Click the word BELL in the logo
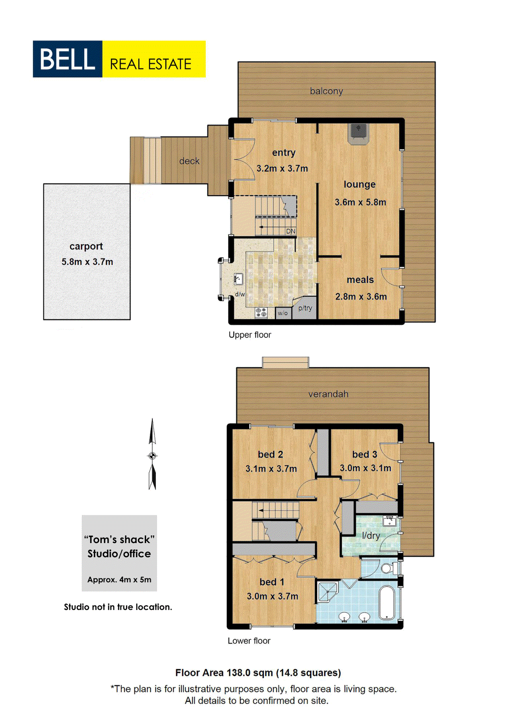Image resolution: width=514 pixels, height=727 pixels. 67,59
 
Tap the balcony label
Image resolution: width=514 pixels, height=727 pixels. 326,91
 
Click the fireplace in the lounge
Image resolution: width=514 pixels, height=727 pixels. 358,133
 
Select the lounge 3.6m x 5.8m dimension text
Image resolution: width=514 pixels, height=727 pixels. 360,202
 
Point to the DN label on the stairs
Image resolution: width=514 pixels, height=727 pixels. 291,231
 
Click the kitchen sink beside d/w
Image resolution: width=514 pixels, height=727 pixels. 238,278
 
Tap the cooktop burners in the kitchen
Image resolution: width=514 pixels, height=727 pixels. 261,312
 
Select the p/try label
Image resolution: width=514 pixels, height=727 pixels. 305,308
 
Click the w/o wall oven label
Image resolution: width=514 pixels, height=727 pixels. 283,313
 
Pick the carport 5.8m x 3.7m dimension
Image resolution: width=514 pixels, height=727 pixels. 87,262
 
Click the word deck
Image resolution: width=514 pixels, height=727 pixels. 189,161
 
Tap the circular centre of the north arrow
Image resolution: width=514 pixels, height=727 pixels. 152,455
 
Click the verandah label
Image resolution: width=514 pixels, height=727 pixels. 328,394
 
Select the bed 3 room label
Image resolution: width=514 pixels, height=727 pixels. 364,454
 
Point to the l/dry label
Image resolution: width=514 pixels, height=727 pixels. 371,535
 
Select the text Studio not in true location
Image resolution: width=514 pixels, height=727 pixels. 118,607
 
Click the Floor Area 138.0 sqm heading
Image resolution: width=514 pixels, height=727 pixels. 258,673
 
